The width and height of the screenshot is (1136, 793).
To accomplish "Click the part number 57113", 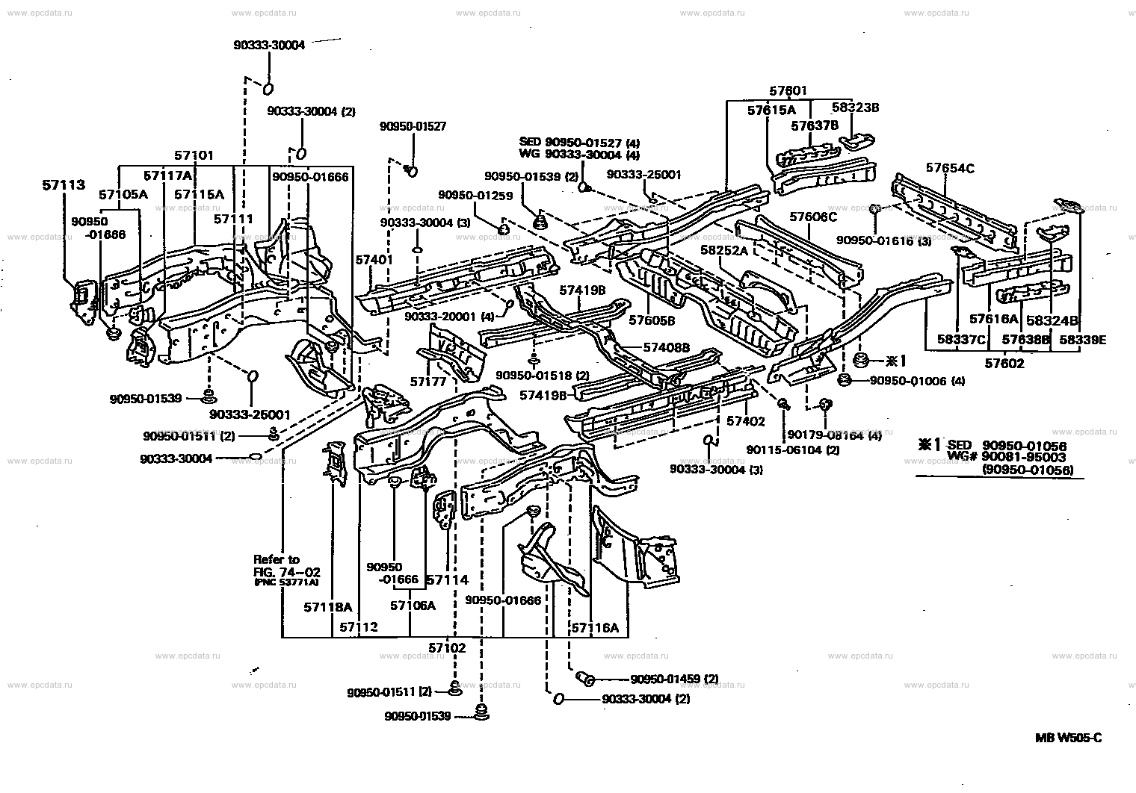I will click(x=63, y=185).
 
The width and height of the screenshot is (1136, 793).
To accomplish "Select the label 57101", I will click(x=194, y=156).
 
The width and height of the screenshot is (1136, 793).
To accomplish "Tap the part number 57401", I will click(x=374, y=260).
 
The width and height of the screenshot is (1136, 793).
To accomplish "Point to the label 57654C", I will click(x=950, y=168).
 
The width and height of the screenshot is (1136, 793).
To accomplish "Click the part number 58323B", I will click(x=855, y=108).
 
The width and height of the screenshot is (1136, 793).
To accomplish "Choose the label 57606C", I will click(x=813, y=217).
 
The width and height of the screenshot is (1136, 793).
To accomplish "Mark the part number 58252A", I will click(x=724, y=251).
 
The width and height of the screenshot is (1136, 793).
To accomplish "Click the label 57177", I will click(x=427, y=382).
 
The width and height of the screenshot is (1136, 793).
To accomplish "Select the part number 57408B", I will click(x=666, y=347).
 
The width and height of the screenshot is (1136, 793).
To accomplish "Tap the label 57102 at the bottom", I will click(x=447, y=647).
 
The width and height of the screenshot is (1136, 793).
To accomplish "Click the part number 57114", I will click(x=447, y=579).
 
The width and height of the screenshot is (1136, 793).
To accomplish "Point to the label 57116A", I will click(x=595, y=628).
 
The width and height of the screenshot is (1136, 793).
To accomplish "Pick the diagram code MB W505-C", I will click(x=1068, y=738).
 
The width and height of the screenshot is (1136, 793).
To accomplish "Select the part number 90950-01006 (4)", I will click(x=917, y=381).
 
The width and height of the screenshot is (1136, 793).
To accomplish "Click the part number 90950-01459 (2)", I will click(x=674, y=679).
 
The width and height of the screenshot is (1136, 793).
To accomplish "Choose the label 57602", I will click(x=1004, y=364).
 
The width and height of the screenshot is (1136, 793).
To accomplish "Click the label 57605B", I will click(x=652, y=320).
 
